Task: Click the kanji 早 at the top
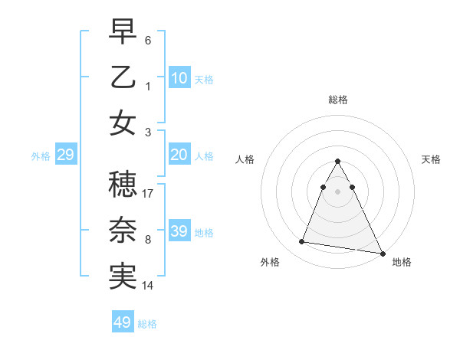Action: pos(123,33)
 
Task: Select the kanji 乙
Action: pos(123,77)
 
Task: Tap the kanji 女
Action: pos(123,123)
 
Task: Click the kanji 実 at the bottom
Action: pos(123,277)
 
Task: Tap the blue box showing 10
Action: pos(179,77)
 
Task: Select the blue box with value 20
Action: pos(179,155)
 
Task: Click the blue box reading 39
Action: pos(179,231)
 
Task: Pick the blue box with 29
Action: pos(65,155)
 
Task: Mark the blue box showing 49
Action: pos(123,322)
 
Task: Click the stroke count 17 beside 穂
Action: pos(149,194)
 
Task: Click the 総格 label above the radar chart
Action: pos(338,100)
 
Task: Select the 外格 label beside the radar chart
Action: pos(270,262)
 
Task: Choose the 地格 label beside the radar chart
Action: pos(402,262)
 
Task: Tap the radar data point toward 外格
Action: pos(302,242)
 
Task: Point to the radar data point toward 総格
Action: pos(338,161)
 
